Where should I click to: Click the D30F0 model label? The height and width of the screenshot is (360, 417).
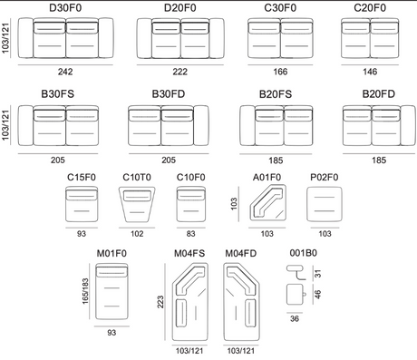[65, 8]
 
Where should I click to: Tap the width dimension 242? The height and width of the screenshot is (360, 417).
[65, 72]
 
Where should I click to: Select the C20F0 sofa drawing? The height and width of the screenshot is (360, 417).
[370, 38]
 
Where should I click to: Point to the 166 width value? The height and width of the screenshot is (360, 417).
[280, 72]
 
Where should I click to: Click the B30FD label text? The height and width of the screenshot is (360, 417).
[169, 94]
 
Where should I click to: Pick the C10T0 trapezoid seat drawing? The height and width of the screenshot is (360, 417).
[137, 204]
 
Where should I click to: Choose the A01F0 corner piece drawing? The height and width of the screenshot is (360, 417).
[267, 202]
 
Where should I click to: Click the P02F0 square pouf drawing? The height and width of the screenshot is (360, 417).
[325, 204]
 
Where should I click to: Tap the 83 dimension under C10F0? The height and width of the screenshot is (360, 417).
[190, 234]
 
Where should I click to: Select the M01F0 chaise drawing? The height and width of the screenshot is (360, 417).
[112, 291]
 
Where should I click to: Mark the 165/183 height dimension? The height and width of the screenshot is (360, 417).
[85, 291]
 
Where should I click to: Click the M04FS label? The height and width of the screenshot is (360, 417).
[189, 253]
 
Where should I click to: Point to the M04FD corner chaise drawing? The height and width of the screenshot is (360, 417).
[241, 302]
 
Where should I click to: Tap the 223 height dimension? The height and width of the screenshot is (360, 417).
[160, 302]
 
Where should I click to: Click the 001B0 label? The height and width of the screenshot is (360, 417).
[303, 253]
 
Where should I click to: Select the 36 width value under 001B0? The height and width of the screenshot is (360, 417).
[295, 318]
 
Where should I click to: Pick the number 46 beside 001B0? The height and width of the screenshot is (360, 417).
[317, 294]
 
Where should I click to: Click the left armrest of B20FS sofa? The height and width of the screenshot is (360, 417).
[247, 125]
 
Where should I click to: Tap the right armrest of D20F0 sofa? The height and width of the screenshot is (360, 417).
[217, 38]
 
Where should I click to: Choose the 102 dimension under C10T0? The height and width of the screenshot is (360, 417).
[137, 234]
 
